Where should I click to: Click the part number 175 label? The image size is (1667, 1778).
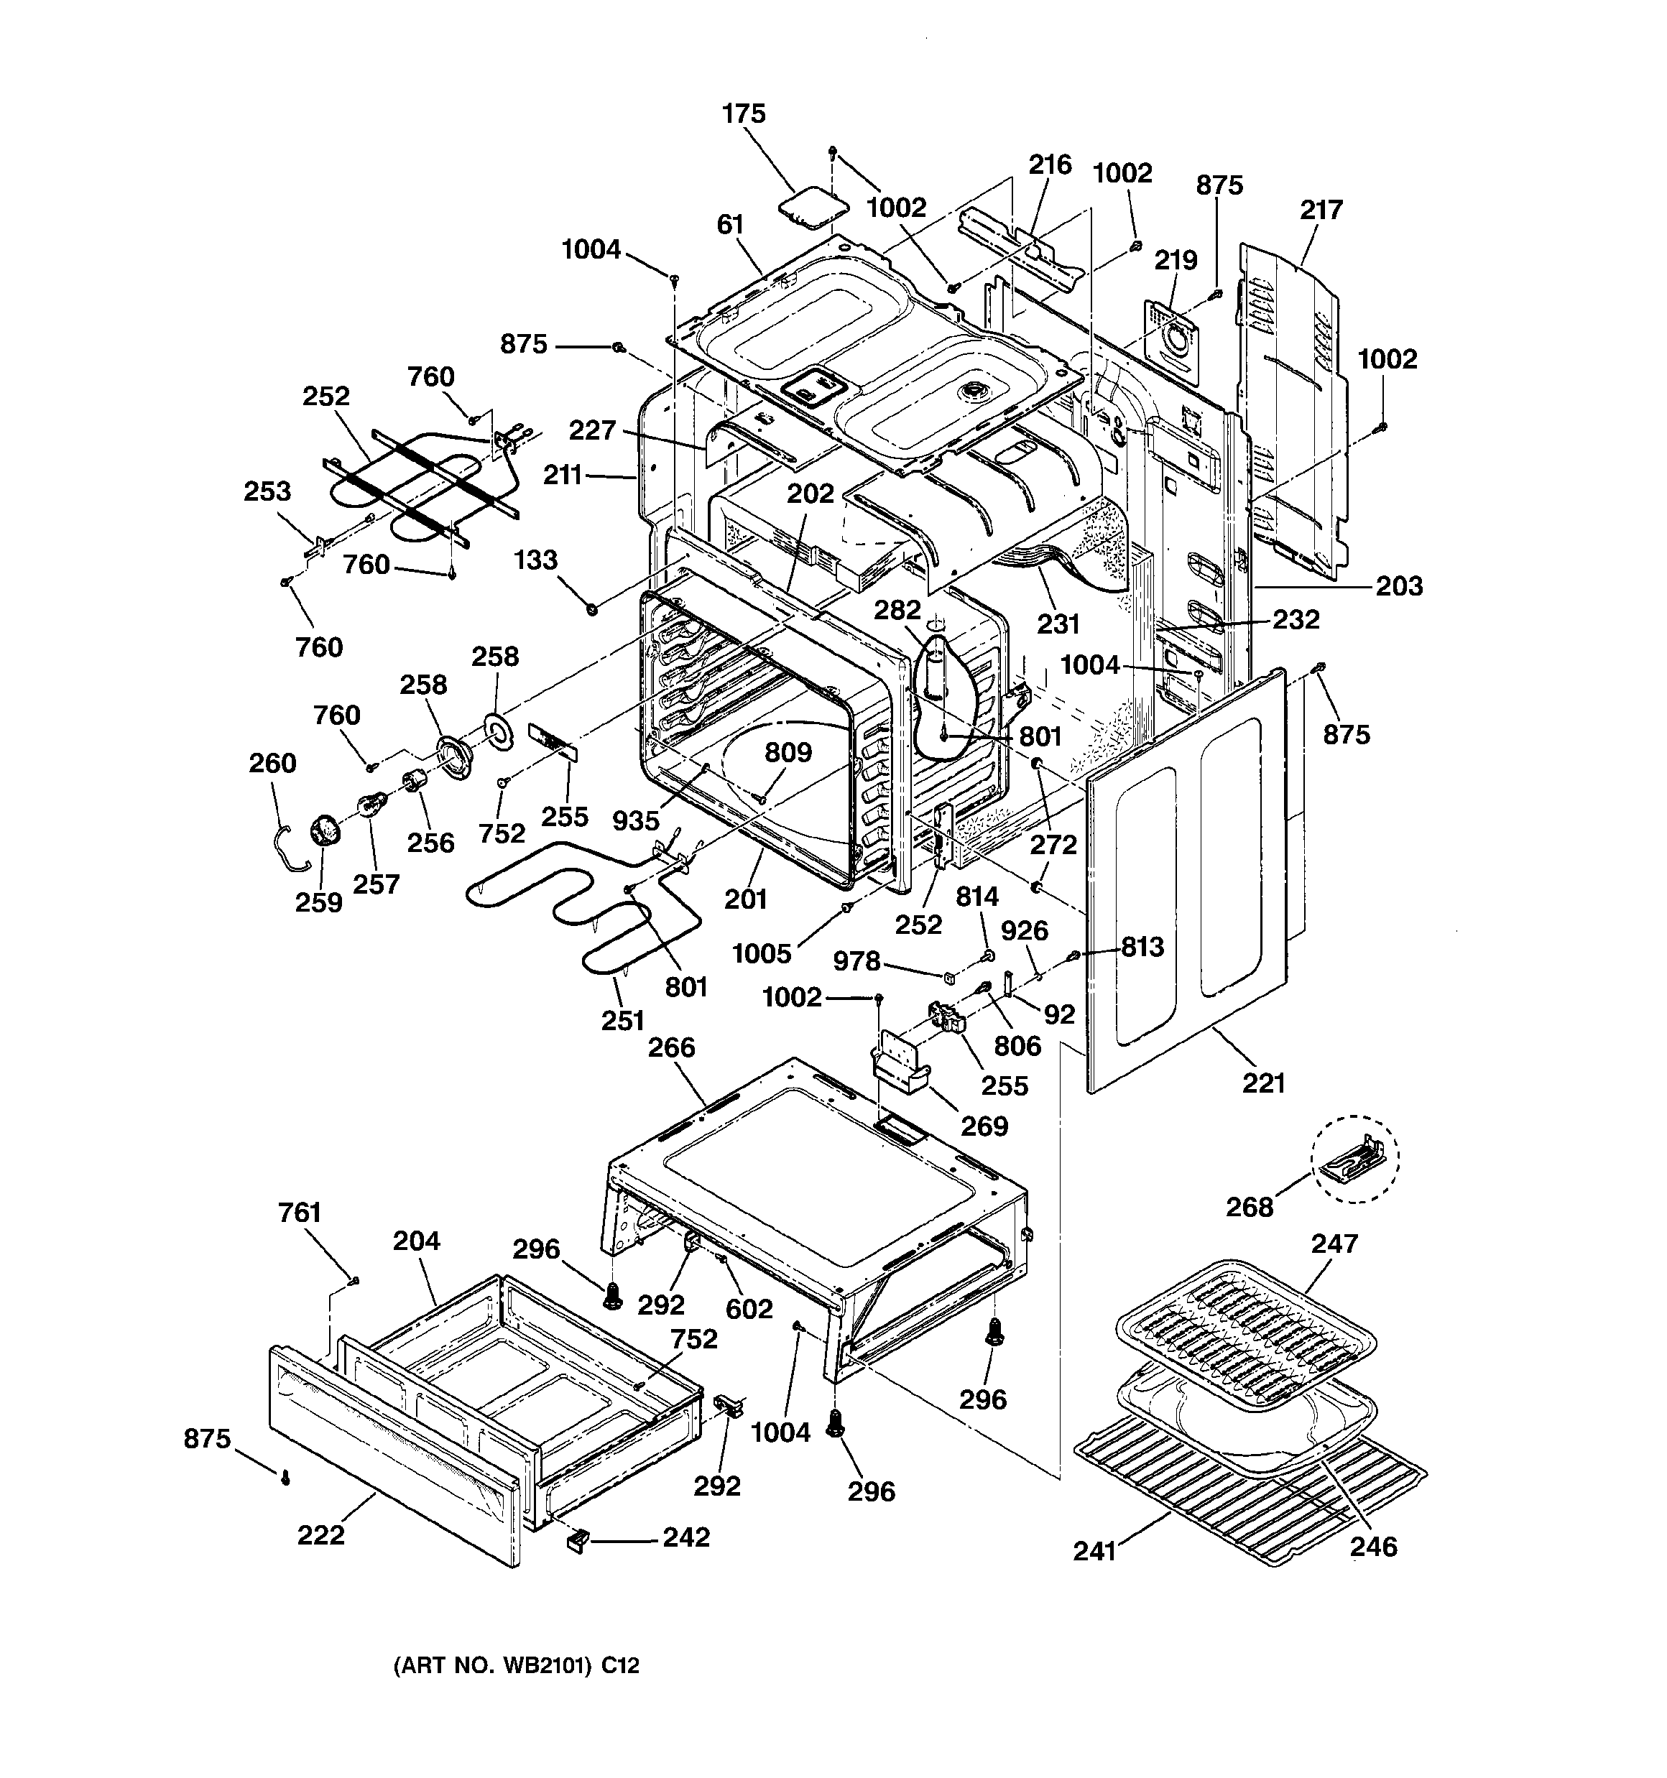744,114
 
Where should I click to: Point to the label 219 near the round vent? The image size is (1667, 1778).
1175,260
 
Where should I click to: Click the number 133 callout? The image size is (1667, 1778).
536,560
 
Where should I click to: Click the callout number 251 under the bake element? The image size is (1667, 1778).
623,1019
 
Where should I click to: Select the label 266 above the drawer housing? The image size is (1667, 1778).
671,1047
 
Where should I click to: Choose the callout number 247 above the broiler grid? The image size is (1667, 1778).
1334,1244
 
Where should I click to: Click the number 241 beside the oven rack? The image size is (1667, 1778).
1095,1551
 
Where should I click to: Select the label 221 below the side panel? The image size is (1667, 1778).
1263,1083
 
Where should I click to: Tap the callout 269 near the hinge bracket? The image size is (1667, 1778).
984,1125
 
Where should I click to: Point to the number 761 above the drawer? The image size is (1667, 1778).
299,1213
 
